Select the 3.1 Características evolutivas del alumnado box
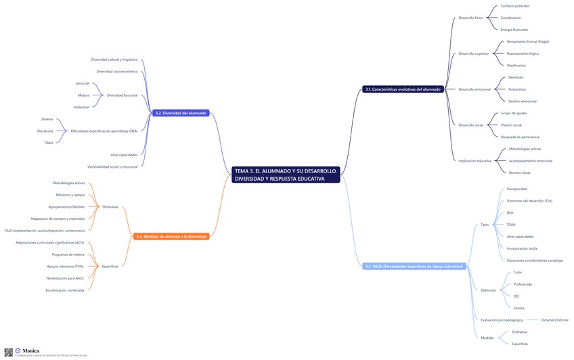pyautogui.click(x=403, y=89)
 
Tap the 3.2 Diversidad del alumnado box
pyautogui.click(x=181, y=113)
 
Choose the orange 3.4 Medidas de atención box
pyautogui.click(x=171, y=236)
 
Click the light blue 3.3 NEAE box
pyautogui.click(x=414, y=267)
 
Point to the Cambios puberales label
pyautogui.click(x=514, y=5)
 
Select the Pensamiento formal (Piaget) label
pyautogui.click(x=532, y=41)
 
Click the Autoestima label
pyautogui.click(x=516, y=89)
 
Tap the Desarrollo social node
pyautogui.click(x=470, y=125)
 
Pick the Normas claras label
pyautogui.click(x=520, y=173)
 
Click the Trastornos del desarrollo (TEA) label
pyautogui.click(x=529, y=201)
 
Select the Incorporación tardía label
pyautogui.click(x=522, y=248)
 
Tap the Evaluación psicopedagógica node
pyautogui.click(x=502, y=320)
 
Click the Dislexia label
pyautogui.click(x=47, y=119)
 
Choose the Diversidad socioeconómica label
pyautogui.click(x=116, y=71)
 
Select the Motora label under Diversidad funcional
pyautogui.click(x=83, y=95)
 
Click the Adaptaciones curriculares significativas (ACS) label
pyautogui.click(x=49, y=242)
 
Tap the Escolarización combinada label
pyautogui.click(x=65, y=290)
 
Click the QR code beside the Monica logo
pyautogui.click(x=9, y=352)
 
